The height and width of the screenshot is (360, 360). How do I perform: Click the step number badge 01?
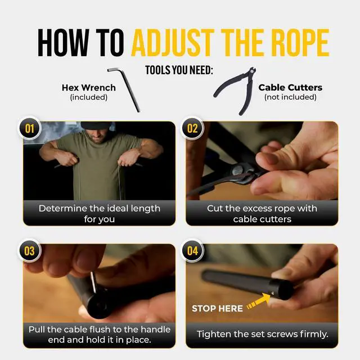pyautogui.click(x=30, y=128)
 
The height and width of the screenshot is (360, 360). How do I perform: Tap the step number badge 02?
pyautogui.click(x=192, y=128)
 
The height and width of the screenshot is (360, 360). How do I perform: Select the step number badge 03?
pyautogui.click(x=30, y=251)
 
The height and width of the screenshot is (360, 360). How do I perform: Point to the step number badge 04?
pyautogui.click(x=192, y=251)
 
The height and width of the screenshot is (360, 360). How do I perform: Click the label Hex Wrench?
pyautogui.click(x=89, y=88)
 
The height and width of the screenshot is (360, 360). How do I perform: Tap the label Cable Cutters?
pyautogui.click(x=290, y=88)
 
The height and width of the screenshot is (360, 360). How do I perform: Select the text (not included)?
pyautogui.click(x=290, y=97)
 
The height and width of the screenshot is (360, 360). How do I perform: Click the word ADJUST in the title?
pyautogui.click(x=173, y=43)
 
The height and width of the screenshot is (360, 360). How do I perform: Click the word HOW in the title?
pyautogui.click(x=64, y=43)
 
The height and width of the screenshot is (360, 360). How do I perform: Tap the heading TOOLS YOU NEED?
pyautogui.click(x=179, y=70)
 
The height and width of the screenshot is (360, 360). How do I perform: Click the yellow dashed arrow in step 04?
pyautogui.click(x=259, y=301)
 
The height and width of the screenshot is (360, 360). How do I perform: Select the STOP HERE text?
pyautogui.click(x=217, y=308)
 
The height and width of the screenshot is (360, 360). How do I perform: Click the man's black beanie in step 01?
pyautogui.click(x=96, y=125)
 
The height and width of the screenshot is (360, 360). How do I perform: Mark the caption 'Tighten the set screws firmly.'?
pyautogui.click(x=263, y=334)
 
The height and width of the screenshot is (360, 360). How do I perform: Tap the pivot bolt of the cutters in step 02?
pyautogui.click(x=237, y=170)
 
